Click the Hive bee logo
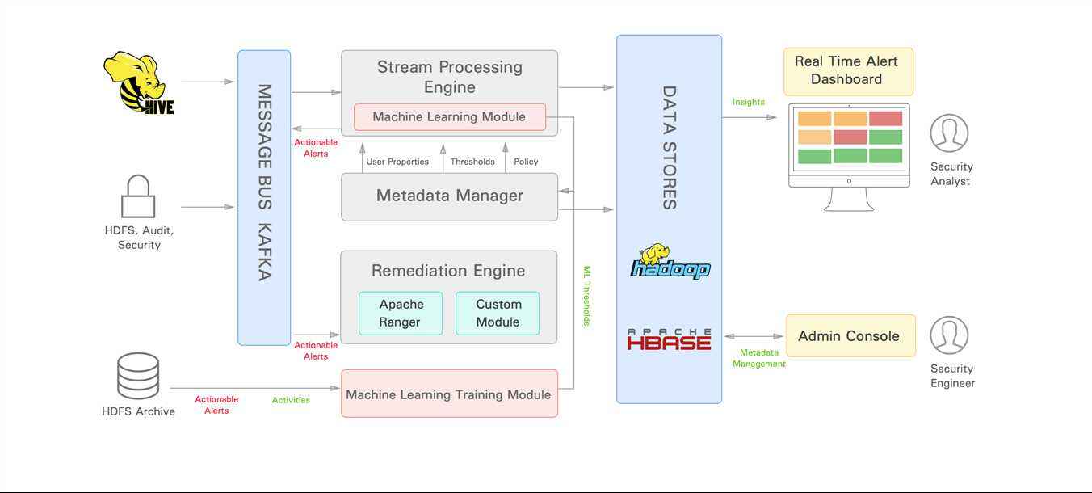(138, 83)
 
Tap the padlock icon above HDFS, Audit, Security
(138, 196)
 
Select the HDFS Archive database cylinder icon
(138, 376)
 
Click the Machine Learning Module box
(449, 117)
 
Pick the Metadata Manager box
(449, 197)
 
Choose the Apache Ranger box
(401, 313)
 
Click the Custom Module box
(498, 313)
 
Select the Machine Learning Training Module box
(449, 394)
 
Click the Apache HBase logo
(670, 339)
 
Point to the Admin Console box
(850, 335)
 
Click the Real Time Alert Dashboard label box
(848, 71)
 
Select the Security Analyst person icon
(949, 133)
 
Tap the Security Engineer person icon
(949, 335)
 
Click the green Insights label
(748, 102)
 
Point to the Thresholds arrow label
(472, 162)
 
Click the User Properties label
(397, 162)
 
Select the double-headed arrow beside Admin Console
(754, 336)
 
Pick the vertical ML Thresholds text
(587, 296)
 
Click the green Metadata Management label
(759, 358)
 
